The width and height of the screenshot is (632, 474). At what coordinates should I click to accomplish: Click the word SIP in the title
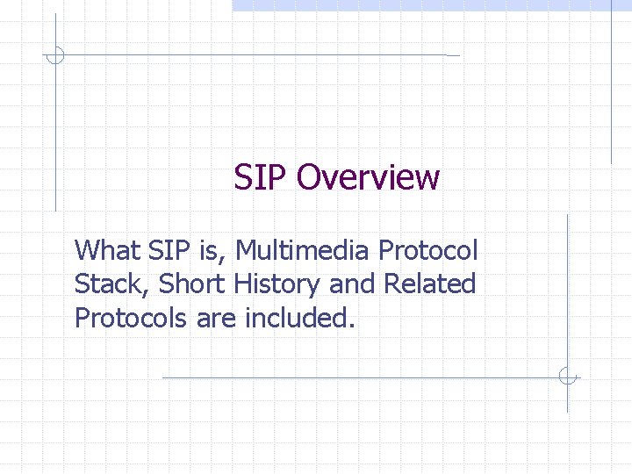click(261, 177)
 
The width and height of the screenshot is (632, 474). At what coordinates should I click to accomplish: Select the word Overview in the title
click(368, 177)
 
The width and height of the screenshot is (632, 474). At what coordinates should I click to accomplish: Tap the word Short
click(195, 284)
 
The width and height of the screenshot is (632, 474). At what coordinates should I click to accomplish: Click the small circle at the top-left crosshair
click(54, 55)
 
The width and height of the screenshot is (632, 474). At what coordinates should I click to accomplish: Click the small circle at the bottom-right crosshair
click(568, 377)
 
